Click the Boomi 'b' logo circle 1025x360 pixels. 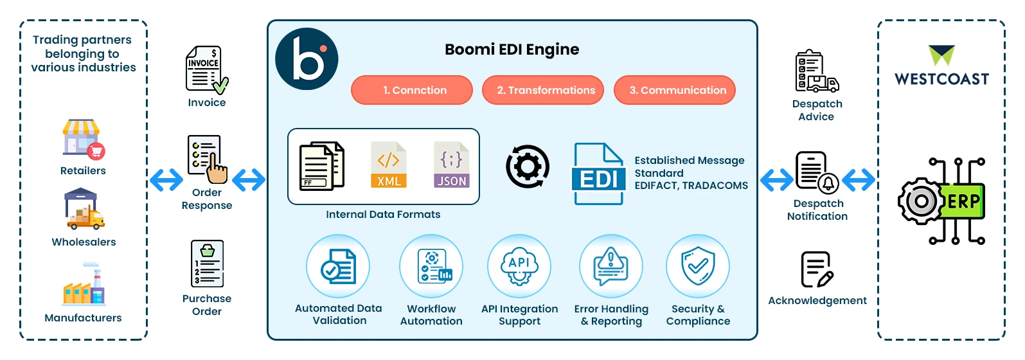(x=307, y=59)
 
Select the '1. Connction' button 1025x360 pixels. (x=412, y=90)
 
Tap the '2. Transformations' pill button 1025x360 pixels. (x=543, y=90)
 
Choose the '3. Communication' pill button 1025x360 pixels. (x=675, y=90)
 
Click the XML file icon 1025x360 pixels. (x=389, y=165)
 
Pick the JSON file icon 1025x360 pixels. (x=452, y=165)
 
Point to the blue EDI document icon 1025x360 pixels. (x=598, y=174)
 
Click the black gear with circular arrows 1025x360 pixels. (x=528, y=167)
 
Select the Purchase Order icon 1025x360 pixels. (x=207, y=264)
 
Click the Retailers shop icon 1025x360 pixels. (x=83, y=138)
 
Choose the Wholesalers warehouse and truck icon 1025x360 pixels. (x=84, y=210)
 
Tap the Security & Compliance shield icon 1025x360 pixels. (x=698, y=266)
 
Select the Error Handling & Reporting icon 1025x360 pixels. (x=611, y=266)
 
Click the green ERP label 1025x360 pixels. (x=963, y=201)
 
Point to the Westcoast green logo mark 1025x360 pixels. (x=941, y=55)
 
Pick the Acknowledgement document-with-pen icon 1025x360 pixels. (x=817, y=269)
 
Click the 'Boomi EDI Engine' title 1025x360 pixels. (x=512, y=50)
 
